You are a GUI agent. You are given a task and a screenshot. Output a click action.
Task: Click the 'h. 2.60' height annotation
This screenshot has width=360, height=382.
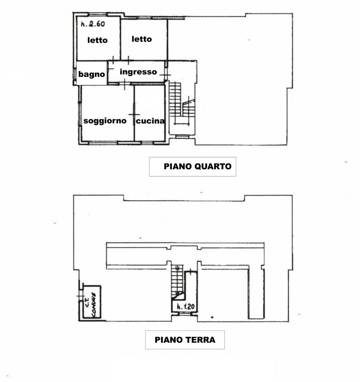point(93,24)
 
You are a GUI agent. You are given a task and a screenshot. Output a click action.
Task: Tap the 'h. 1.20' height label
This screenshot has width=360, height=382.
point(185,306)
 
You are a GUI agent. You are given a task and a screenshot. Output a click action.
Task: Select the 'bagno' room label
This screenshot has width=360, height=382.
point(92,74)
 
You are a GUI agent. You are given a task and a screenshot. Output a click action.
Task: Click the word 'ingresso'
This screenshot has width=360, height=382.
point(138,72)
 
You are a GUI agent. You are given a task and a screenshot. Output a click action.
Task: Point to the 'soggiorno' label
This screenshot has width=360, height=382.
point(105,121)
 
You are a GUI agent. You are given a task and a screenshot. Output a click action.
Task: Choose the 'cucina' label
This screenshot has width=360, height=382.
point(150,121)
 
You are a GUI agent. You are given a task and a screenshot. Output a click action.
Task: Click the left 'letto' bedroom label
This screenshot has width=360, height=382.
point(98,40)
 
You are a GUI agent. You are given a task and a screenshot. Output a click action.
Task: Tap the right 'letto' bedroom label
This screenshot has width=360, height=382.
point(142,39)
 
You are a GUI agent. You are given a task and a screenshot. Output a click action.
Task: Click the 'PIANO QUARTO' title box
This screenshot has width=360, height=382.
point(193,166)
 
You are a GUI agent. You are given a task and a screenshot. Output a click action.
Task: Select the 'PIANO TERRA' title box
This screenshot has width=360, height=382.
point(185,340)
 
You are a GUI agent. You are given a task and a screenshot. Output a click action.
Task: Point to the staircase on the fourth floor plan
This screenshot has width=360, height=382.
point(182,103)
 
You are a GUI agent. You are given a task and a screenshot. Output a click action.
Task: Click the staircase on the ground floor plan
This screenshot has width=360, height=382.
point(178,281)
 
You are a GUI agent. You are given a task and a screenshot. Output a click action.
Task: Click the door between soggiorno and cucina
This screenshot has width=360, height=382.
point(134,114)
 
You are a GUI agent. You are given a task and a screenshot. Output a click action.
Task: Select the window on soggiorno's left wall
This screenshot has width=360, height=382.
point(79,114)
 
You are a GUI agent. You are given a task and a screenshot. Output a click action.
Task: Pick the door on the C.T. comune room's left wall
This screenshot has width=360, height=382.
point(80,296)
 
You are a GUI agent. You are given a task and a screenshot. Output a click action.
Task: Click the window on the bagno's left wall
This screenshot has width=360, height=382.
point(74,74)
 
